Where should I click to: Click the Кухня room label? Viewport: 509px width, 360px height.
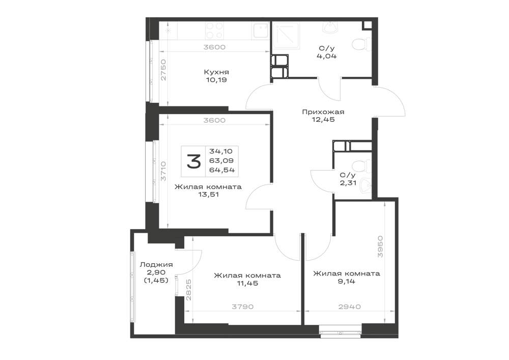pyautogui.click(x=216, y=72)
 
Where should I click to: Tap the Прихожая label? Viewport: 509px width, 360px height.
pyautogui.click(x=323, y=112)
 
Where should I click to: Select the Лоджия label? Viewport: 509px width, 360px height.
pyautogui.click(x=156, y=265)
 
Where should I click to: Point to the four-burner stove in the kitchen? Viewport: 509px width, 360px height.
pyautogui.click(x=214, y=31)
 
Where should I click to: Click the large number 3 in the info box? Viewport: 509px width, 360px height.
pyautogui.click(x=193, y=161)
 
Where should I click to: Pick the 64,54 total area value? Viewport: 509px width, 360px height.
pyautogui.click(x=222, y=170)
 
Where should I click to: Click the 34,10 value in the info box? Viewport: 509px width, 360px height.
pyautogui.click(x=221, y=151)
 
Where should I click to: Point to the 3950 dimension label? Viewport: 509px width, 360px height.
pyautogui.click(x=380, y=247)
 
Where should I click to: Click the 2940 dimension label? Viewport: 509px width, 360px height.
pyautogui.click(x=350, y=307)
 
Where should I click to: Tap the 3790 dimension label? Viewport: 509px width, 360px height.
pyautogui.click(x=242, y=307)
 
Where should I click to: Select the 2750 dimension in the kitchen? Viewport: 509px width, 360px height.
pyautogui.click(x=163, y=70)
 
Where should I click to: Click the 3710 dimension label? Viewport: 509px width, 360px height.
pyautogui.click(x=163, y=172)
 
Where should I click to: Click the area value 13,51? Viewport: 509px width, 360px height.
pyautogui.click(x=208, y=195)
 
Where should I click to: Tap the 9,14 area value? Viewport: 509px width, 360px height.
pyautogui.click(x=346, y=281)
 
